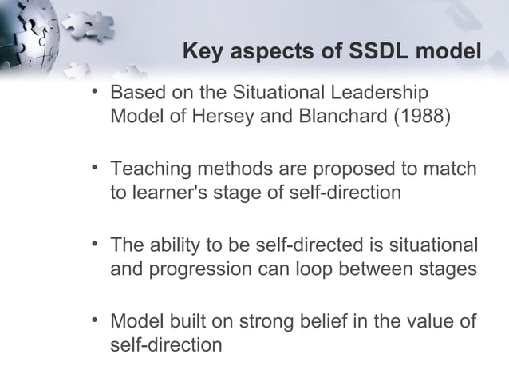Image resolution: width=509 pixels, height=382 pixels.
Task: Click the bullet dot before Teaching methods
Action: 95,169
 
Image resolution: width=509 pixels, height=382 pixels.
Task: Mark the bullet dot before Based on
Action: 95,92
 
